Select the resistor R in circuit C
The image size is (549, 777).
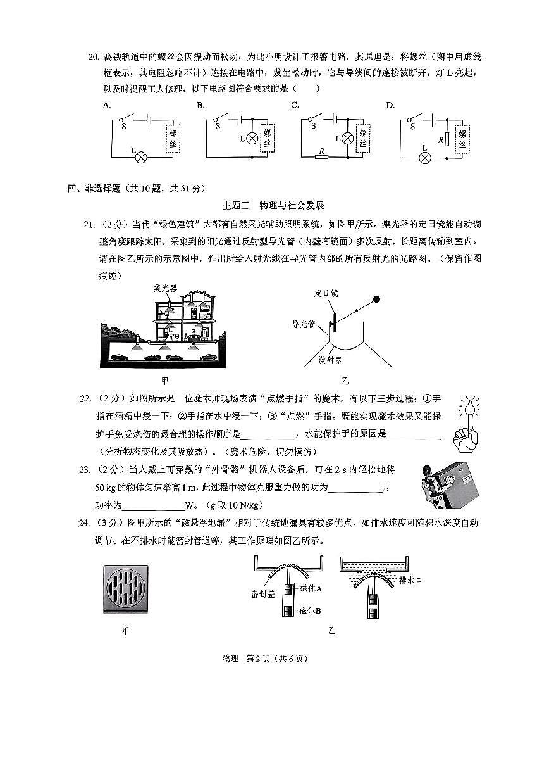[322, 155]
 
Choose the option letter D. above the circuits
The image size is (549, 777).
[390, 105]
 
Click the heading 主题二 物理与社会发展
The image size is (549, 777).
[273, 205]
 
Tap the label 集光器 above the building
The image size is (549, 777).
[166, 287]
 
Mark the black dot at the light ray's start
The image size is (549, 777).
[377, 299]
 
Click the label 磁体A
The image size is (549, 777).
[311, 588]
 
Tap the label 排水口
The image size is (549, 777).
[411, 579]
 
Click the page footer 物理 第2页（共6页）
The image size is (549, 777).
[274, 659]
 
